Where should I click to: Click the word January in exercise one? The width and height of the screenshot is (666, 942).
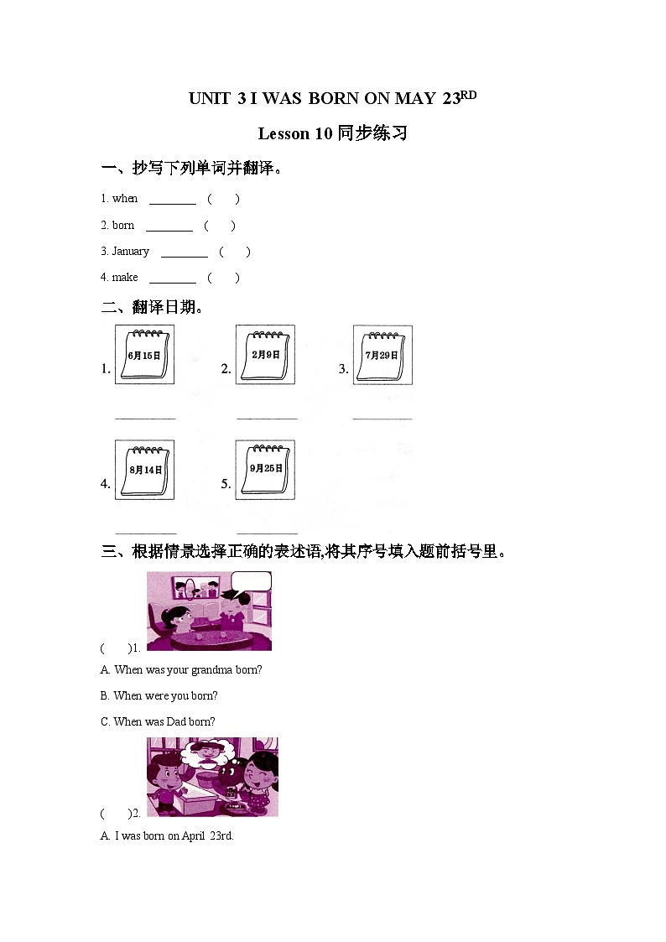(130, 252)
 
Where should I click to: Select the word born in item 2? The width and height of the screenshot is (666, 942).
(123, 226)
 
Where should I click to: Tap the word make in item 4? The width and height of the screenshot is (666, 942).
(125, 278)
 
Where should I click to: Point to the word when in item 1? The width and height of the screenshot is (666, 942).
(125, 199)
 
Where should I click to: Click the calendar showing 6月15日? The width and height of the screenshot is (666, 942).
(144, 355)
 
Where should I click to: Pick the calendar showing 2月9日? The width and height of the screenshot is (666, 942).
(265, 354)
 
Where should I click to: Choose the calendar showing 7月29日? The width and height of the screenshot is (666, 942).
(382, 355)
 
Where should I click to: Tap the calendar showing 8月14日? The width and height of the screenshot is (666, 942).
(144, 470)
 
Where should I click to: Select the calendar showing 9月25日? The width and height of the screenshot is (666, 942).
(265, 469)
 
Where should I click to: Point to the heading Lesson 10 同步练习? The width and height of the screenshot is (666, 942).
(332, 133)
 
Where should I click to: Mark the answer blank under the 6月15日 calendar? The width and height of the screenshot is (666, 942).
(145, 416)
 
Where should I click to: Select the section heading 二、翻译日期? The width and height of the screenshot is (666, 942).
(153, 308)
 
